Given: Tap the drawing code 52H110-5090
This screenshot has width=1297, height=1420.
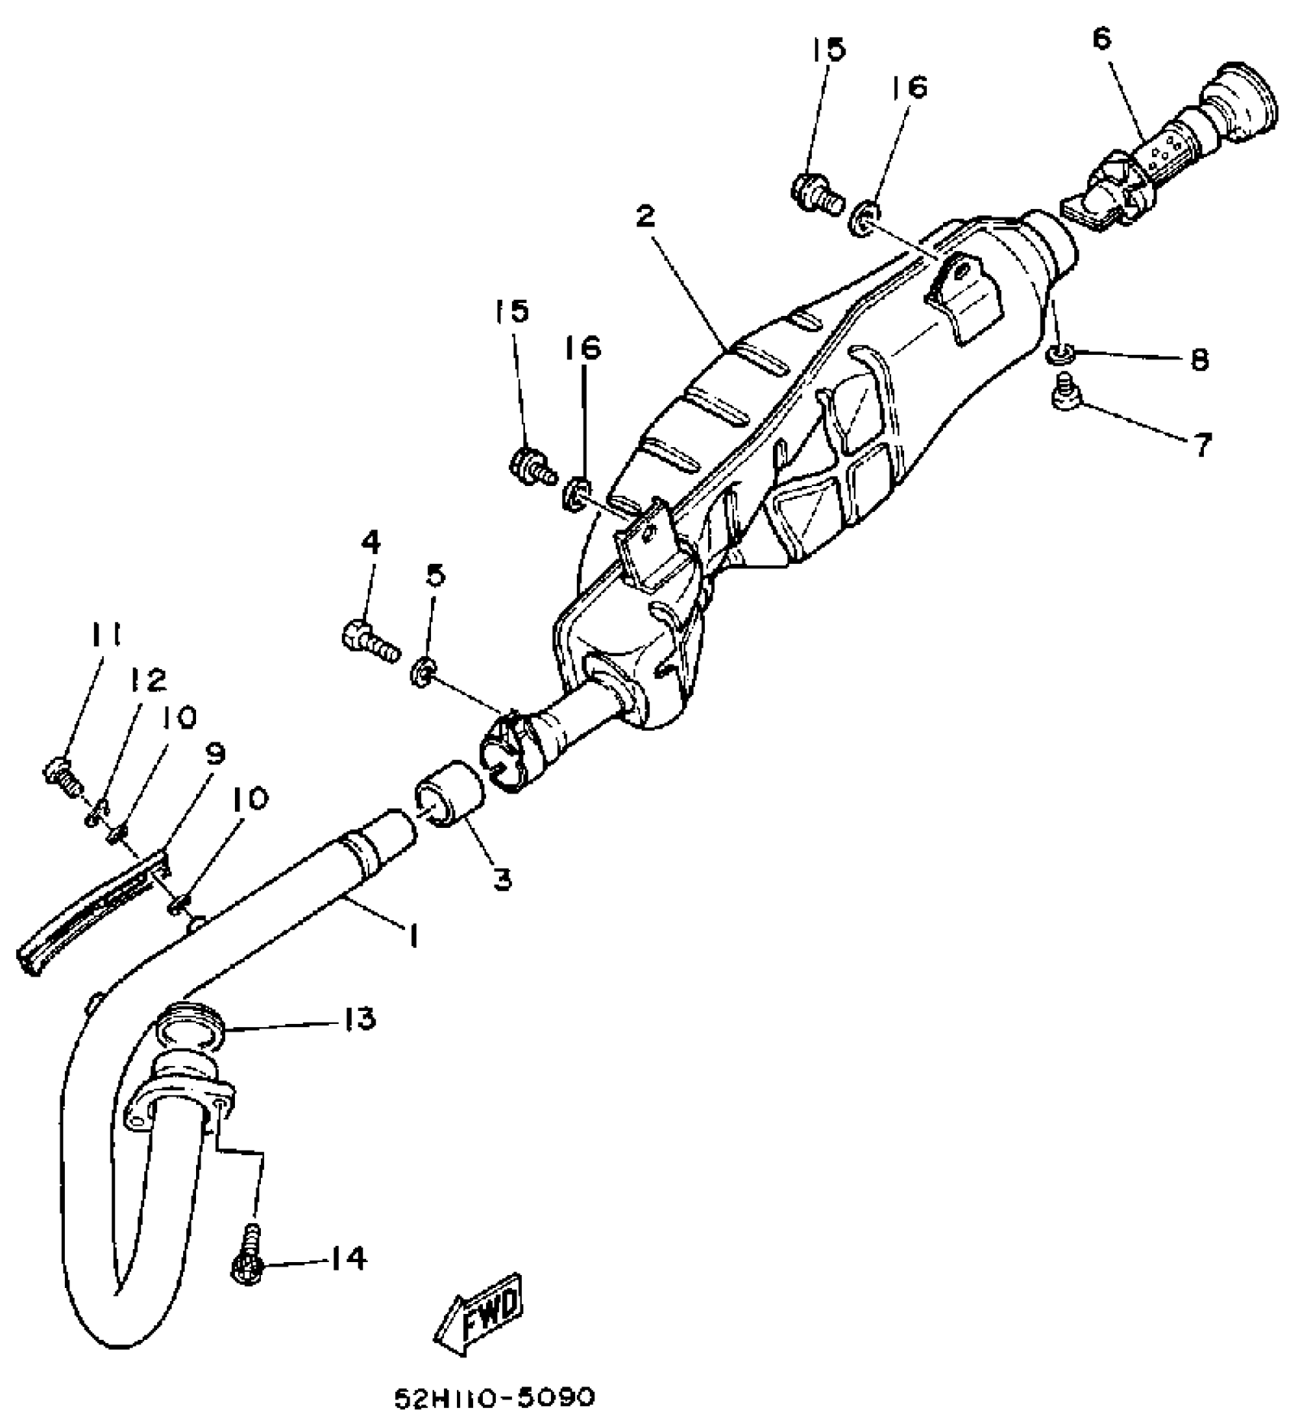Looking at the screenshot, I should click(x=494, y=1398).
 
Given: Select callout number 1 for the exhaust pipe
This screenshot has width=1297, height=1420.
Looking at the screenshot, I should click(x=413, y=935).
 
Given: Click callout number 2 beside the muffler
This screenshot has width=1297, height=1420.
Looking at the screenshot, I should click(x=645, y=216).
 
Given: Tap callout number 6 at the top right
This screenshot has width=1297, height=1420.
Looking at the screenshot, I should click(x=1102, y=38).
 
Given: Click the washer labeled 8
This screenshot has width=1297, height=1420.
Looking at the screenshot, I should click(x=1058, y=353).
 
